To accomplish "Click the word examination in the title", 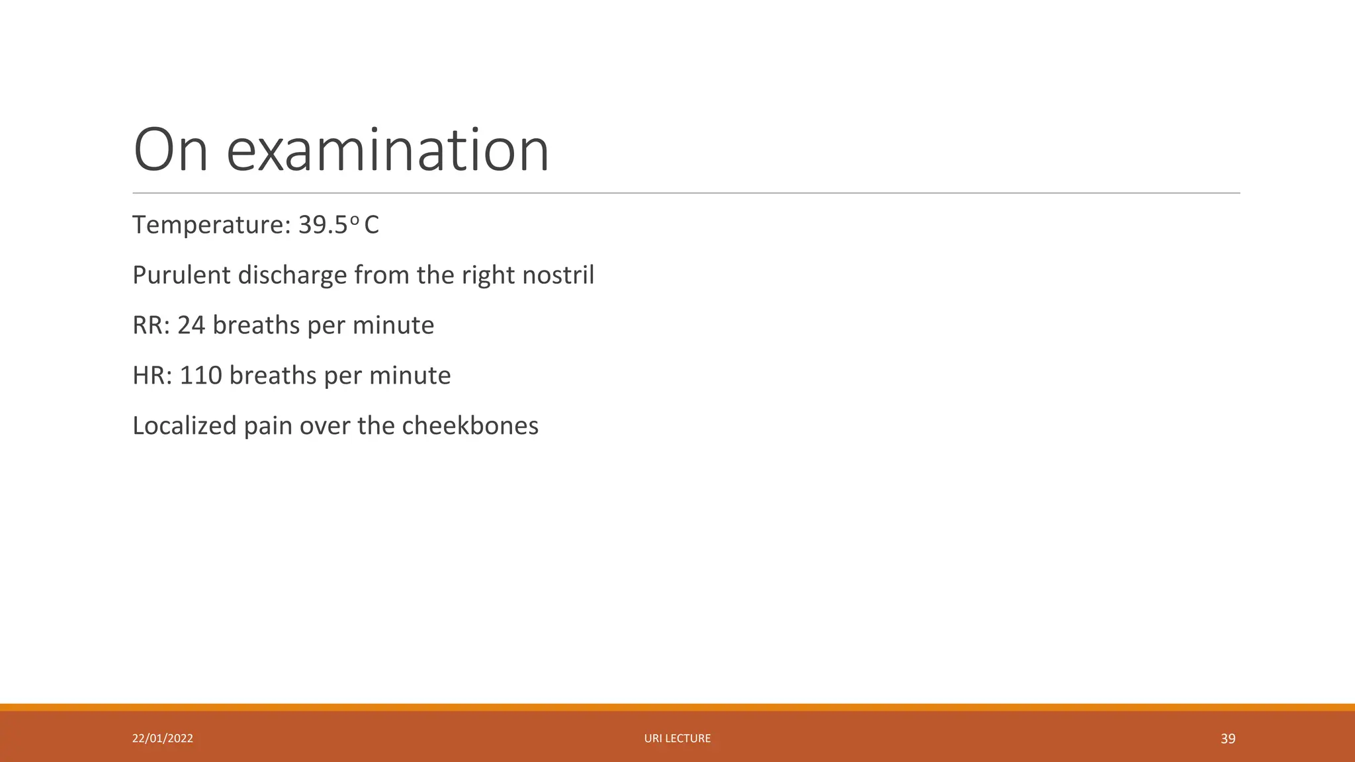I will click(388, 151).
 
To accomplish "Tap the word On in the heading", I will click(171, 151).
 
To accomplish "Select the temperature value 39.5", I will click(323, 225).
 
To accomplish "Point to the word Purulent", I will click(181, 275).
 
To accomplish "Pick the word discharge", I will click(292, 275).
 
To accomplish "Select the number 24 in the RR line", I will click(191, 325).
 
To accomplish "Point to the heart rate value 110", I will click(201, 376).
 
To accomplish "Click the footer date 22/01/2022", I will click(163, 738).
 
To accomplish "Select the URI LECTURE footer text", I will click(677, 738).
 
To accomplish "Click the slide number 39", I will click(1228, 739).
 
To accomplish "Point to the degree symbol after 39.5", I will click(354, 219).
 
